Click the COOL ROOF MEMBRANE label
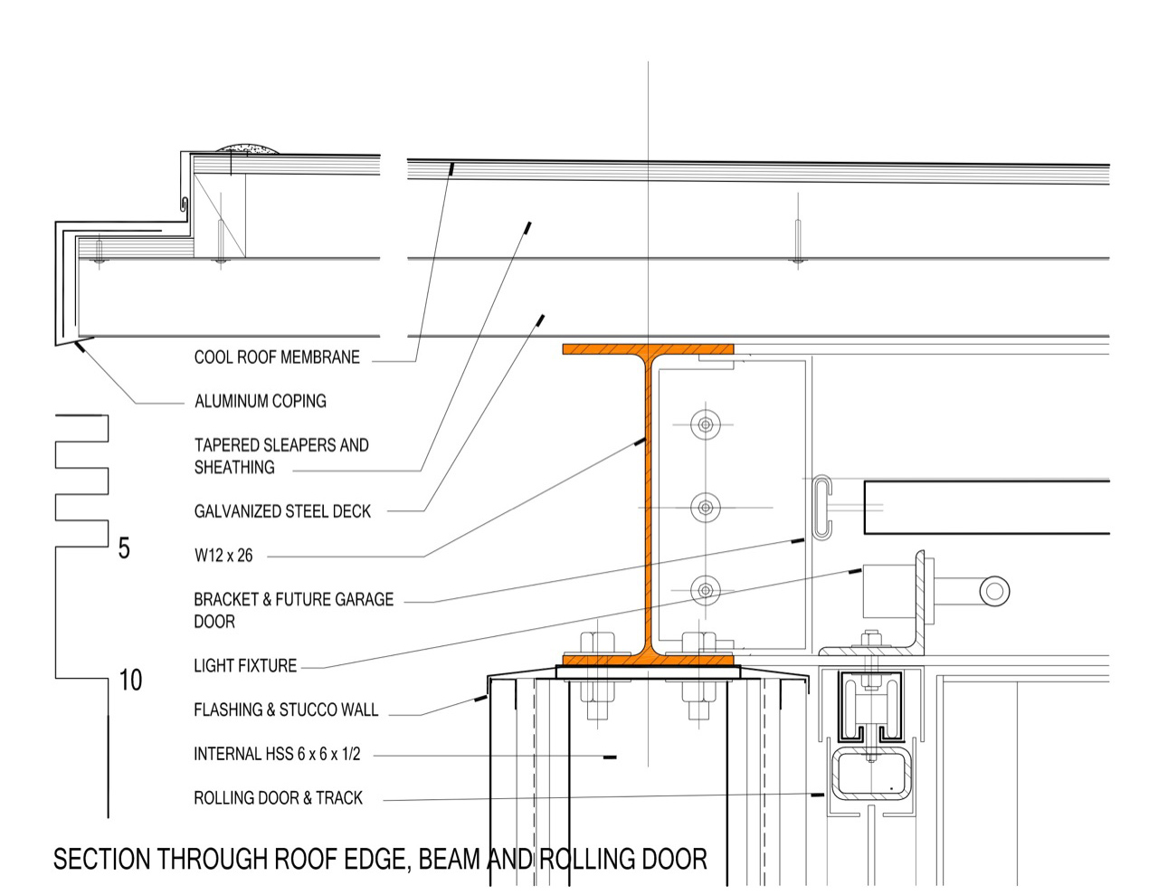tap(277, 357)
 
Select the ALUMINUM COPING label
tap(260, 401)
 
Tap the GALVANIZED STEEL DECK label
tap(282, 511)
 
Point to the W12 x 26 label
tap(223, 556)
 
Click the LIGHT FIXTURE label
tap(245, 666)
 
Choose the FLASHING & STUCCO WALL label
tap(286, 710)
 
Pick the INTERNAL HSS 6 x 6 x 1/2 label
tap(277, 754)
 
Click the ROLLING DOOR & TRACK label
tap(278, 798)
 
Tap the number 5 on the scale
tap(124, 548)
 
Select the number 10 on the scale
tap(130, 681)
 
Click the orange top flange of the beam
tap(648, 349)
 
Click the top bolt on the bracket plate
tap(706, 424)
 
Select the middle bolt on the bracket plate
tap(706, 508)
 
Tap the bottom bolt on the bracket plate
tap(706, 590)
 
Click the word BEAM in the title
tap(450, 860)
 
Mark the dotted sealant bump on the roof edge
tap(247, 148)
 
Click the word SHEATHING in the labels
tap(234, 468)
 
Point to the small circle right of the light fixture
tap(994, 591)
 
